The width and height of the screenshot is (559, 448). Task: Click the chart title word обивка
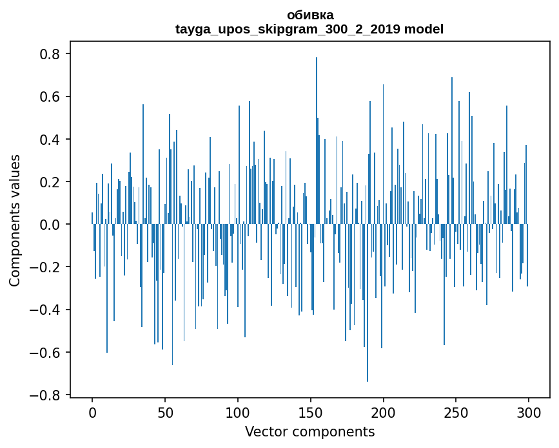coord(310,15)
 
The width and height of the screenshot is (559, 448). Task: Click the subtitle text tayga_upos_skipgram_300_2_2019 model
coord(309,29)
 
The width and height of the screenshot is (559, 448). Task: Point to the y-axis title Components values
coord(15,220)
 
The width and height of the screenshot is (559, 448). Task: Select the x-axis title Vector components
coord(309,431)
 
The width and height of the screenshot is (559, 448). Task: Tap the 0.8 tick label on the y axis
coord(50,54)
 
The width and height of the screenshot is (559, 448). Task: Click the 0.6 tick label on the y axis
coord(50,97)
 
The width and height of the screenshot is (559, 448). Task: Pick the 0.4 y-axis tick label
coord(50,139)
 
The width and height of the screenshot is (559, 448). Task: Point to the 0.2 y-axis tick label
coord(50,182)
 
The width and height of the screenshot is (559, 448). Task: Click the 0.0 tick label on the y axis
coord(50,224)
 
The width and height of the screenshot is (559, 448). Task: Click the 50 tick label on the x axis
coord(165,412)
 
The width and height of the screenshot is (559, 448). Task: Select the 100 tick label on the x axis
coord(238,412)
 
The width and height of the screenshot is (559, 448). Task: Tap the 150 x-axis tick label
coord(311,412)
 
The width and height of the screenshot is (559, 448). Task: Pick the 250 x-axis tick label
coord(456,412)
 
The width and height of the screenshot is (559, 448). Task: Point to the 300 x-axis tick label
coord(529,412)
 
